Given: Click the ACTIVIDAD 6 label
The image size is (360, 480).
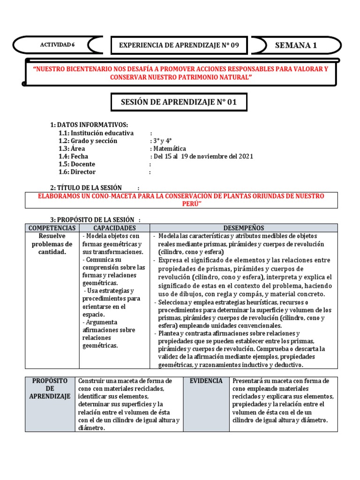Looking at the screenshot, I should coord(57,45).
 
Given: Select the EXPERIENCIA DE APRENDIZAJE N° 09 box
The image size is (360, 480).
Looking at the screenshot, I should coord(179,45).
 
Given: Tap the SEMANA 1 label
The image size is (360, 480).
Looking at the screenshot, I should coord(296,45).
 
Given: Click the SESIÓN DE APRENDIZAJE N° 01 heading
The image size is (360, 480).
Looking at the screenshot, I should coord(179,102).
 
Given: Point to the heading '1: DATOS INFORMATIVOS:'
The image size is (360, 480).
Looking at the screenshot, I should coord(89,124).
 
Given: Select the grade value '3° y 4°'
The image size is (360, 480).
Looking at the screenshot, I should coord(163,141).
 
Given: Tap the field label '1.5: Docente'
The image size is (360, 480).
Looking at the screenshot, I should coord(77,164).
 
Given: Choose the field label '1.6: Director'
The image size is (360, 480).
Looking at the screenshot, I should coord(77,172).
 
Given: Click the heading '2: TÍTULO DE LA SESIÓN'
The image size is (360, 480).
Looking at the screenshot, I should coord(86,187).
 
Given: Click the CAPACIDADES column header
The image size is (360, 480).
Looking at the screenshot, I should coord(114,228).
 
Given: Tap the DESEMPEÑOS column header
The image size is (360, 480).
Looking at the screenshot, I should coord(243,228).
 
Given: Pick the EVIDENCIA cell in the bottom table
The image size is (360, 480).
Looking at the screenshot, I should coord(206,381).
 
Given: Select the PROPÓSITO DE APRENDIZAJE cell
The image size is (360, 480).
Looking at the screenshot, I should coord(50,389).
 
